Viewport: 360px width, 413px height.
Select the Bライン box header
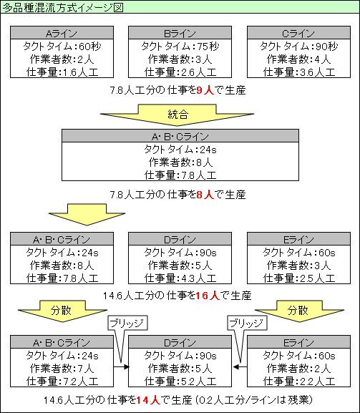coord(180,33)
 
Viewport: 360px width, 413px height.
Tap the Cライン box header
coord(298,33)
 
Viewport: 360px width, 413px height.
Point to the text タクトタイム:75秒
coord(180,47)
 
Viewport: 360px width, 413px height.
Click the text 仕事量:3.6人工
coord(298,72)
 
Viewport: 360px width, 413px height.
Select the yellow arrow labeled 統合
coord(179,115)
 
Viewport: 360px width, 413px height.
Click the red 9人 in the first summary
coord(205,92)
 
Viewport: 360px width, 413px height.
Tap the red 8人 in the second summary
coord(205,194)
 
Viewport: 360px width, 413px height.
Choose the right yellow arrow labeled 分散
coord(298,312)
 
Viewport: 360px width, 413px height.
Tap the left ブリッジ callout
coord(125,324)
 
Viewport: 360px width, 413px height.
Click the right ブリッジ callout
coord(245,324)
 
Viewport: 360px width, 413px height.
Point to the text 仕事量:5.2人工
coord(180,382)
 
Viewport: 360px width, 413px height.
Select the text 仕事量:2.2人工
coord(298,382)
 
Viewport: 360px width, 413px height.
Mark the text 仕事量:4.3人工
coord(180,278)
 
